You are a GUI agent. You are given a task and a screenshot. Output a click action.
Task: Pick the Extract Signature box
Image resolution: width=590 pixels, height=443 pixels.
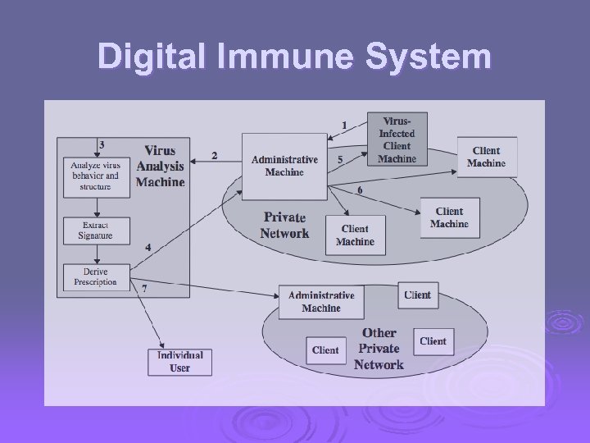point(97,229)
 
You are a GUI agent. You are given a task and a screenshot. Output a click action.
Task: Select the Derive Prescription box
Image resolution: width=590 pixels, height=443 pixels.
point(95,277)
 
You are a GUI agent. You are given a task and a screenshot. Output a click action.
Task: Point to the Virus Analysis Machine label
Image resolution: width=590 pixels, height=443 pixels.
point(161,166)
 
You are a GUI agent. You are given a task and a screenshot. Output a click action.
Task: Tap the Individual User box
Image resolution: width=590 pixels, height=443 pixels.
point(179,362)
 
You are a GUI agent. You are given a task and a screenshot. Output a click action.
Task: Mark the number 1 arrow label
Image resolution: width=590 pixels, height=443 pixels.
point(344,124)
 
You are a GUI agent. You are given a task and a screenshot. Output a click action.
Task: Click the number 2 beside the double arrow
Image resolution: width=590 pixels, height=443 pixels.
point(214,155)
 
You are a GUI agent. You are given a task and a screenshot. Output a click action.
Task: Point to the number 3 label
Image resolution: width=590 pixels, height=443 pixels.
point(101,144)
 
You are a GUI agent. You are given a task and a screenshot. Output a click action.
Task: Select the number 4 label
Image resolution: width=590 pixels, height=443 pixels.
point(147,247)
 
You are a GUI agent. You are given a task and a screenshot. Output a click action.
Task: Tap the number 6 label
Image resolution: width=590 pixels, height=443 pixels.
point(359,190)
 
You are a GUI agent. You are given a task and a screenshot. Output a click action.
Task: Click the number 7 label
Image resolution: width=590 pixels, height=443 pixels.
point(144,288)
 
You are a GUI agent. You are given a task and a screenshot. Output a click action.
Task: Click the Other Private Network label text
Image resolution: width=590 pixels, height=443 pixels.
point(379,349)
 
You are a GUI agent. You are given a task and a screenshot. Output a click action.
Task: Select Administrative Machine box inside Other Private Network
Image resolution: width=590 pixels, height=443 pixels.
point(321,302)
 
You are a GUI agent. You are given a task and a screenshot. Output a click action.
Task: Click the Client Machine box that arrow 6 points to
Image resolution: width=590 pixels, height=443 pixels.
point(449,217)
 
